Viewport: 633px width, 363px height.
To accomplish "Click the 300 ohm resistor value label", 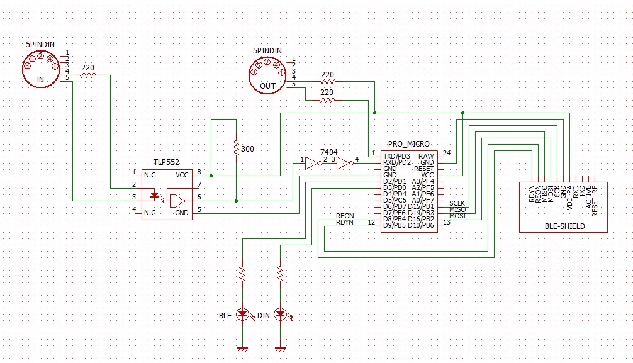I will click(x=248, y=149).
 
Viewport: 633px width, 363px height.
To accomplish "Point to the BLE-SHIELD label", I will click(x=564, y=225).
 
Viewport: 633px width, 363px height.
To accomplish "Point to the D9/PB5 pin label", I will click(x=396, y=225).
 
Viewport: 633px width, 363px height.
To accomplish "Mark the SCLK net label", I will click(x=457, y=203).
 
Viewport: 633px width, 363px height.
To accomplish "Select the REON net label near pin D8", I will click(x=345, y=216).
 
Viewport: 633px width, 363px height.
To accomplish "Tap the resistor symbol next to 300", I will click(x=235, y=148).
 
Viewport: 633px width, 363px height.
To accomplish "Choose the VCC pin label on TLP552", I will click(x=182, y=174).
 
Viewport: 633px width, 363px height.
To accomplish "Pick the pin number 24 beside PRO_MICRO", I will click(x=447, y=153).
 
